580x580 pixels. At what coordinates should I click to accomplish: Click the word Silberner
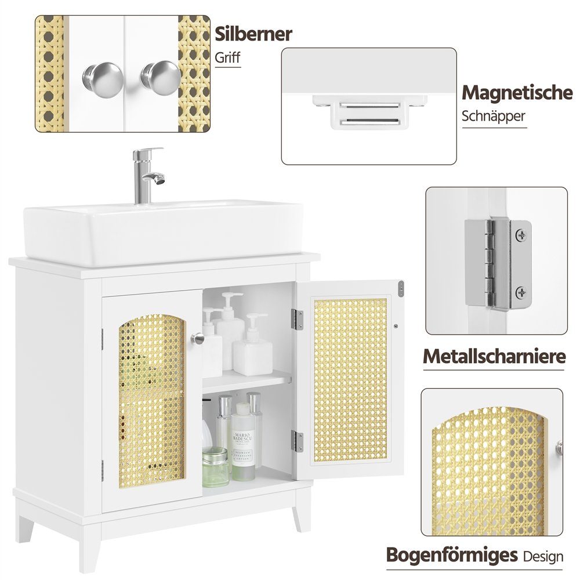(253, 34)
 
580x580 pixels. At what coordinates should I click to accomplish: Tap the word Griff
(227, 57)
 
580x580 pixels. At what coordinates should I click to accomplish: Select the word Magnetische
(517, 92)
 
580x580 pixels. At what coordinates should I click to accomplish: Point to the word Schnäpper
(494, 116)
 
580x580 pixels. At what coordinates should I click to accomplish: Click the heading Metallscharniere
(494, 356)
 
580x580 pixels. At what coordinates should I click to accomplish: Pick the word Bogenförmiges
(452, 555)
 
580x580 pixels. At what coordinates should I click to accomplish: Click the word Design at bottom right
(543, 556)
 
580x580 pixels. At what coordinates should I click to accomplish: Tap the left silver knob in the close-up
(103, 79)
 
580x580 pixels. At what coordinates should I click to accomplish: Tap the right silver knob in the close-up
(161, 77)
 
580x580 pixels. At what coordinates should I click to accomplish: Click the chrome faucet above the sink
(146, 175)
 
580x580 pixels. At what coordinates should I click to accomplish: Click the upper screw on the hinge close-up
(521, 234)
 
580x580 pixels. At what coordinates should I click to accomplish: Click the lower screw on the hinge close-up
(521, 292)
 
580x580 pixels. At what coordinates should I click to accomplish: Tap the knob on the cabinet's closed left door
(198, 338)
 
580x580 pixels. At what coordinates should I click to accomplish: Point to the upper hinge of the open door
(297, 320)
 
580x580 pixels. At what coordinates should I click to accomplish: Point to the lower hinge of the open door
(297, 441)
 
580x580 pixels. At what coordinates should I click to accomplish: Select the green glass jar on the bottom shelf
(215, 466)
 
